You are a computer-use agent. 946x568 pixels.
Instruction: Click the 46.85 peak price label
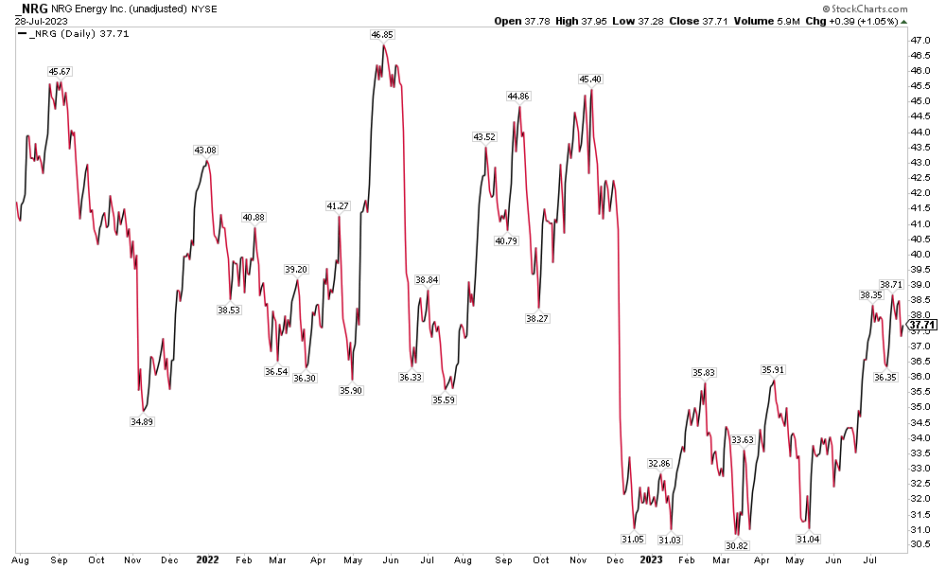[382, 34]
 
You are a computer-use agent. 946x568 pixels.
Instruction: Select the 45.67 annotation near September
[60, 72]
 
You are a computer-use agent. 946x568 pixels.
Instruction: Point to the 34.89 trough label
[140, 421]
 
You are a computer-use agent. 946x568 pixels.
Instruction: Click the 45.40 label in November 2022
[590, 80]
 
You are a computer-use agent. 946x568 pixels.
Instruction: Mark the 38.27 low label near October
[536, 319]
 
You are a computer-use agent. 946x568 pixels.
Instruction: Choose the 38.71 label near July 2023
[891, 284]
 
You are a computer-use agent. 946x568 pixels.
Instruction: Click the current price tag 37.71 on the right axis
[921, 325]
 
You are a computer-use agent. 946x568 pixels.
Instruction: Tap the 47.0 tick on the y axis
[920, 41]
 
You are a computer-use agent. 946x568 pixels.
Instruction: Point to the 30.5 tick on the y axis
[920, 544]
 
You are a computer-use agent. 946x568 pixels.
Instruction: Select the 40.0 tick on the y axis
[920, 254]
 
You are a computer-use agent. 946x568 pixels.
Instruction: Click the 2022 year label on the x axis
[206, 559]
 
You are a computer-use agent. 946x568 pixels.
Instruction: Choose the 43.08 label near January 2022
[204, 151]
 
